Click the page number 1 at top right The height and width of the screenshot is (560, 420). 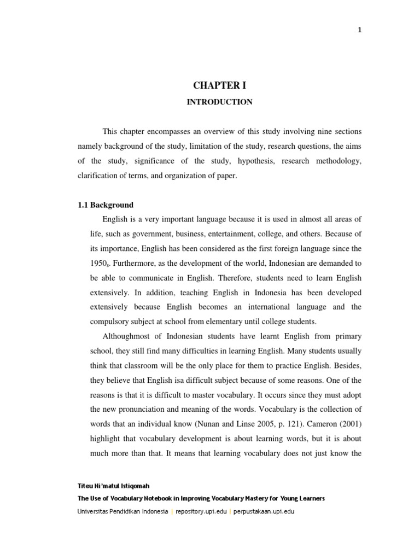point(360,31)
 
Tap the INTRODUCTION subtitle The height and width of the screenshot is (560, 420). point(219,102)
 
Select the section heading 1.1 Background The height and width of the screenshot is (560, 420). point(105,205)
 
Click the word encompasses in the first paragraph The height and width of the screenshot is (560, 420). point(166,132)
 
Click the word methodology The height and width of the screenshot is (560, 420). point(339,161)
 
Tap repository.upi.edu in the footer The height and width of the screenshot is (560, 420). point(202,512)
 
